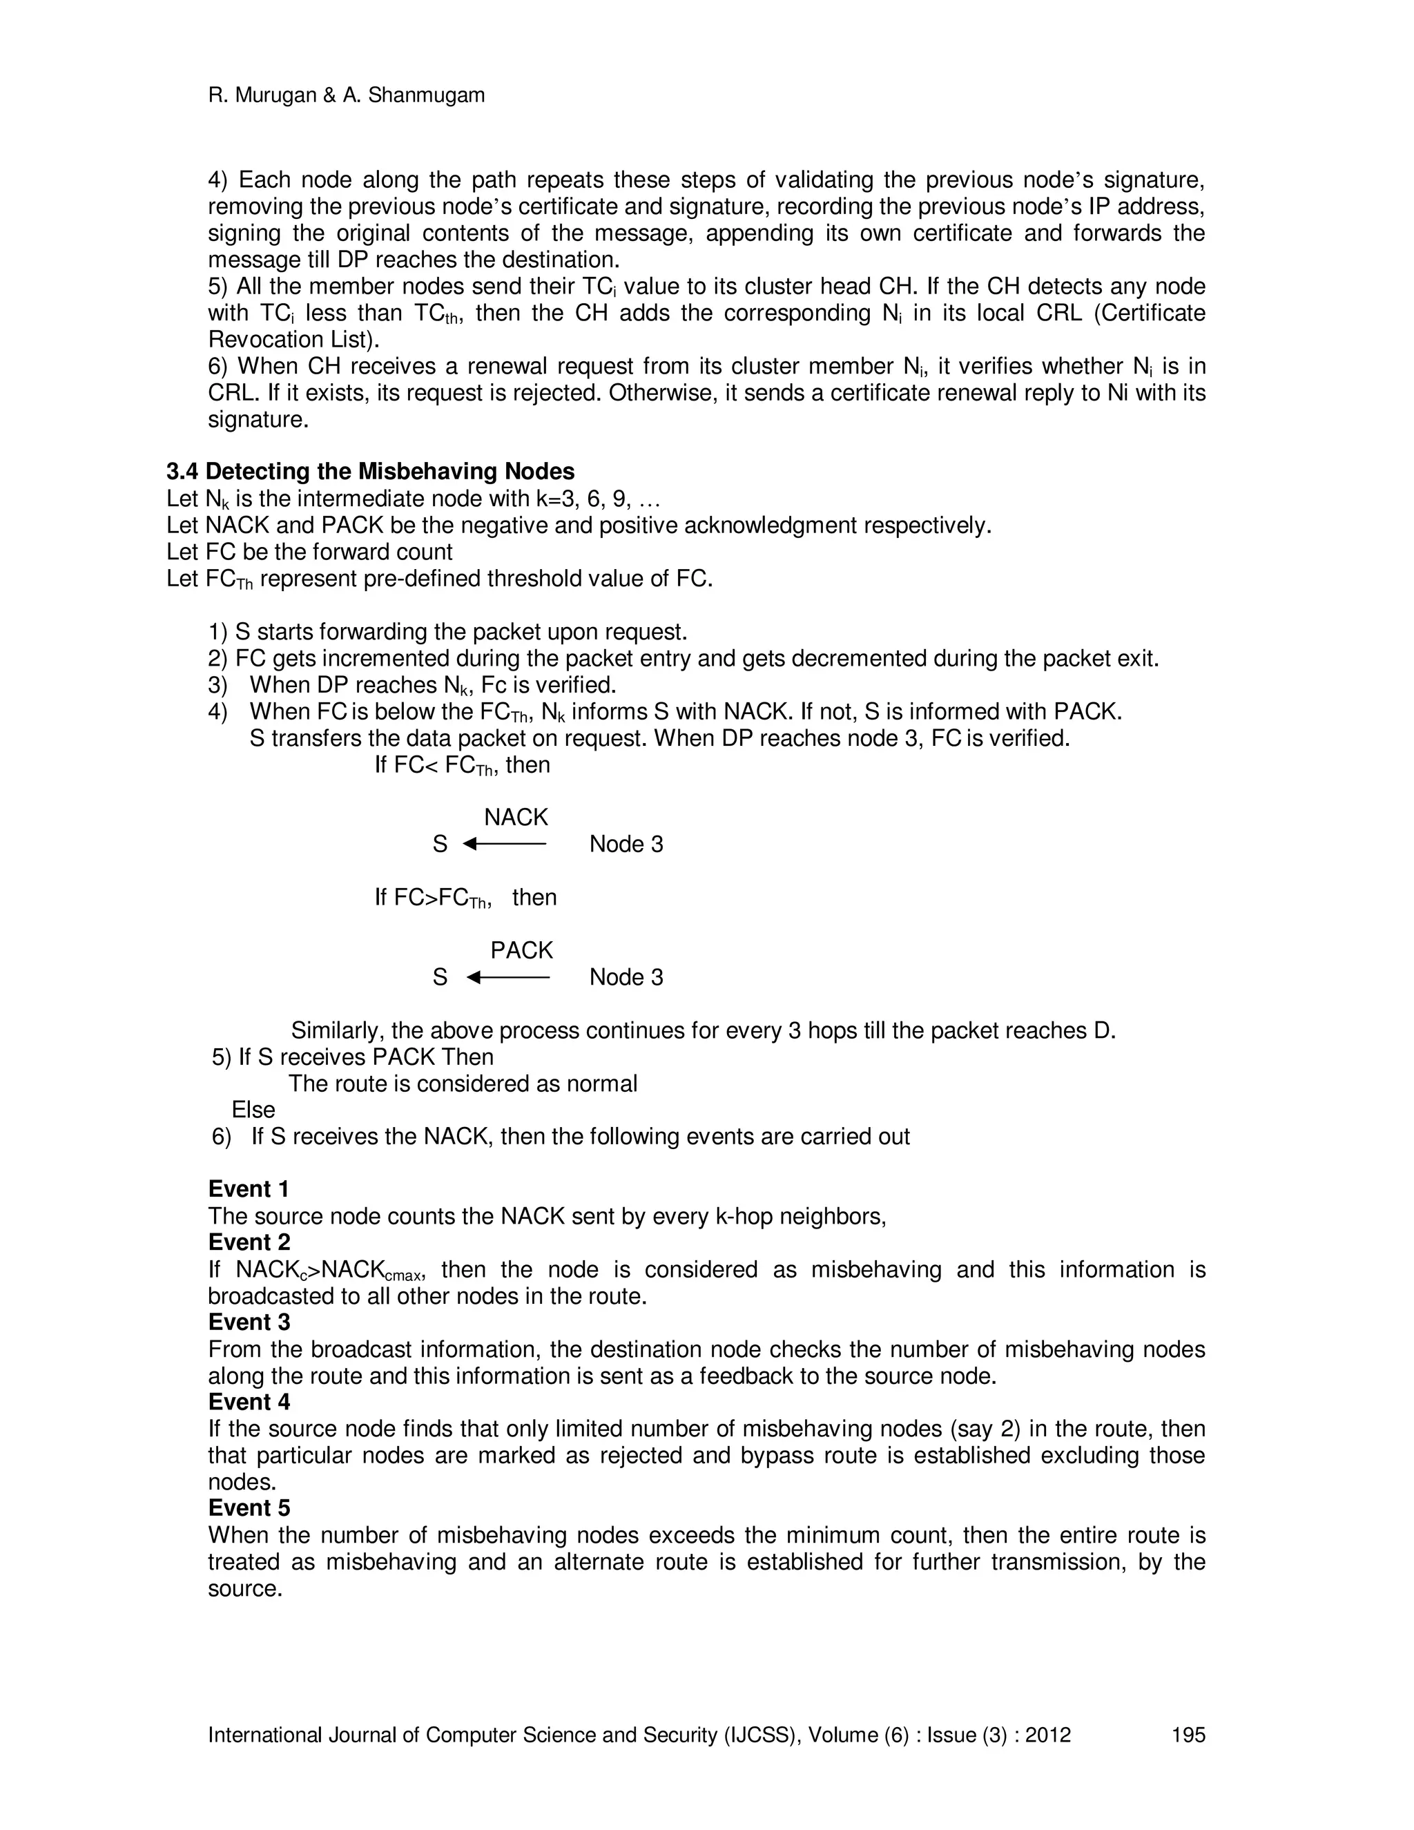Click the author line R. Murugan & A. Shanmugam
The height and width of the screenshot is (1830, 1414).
tap(346, 95)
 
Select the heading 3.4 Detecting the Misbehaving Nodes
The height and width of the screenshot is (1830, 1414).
tap(370, 472)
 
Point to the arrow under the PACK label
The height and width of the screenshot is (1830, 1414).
tap(507, 977)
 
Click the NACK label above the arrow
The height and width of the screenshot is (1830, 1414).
tap(516, 817)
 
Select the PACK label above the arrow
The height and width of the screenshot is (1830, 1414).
tap(521, 950)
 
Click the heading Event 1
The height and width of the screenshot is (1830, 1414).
tap(249, 1189)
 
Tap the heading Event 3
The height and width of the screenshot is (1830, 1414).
tap(249, 1322)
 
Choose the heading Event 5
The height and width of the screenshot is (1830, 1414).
tap(249, 1508)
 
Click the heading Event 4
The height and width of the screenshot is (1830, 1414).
tap(249, 1402)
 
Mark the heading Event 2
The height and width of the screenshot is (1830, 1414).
tap(249, 1242)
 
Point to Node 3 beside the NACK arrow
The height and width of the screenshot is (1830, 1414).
tap(626, 844)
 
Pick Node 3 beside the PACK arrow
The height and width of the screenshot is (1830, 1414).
tap(626, 977)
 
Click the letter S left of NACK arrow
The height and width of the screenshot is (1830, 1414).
tap(440, 844)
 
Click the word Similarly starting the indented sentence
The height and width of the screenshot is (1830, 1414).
tap(338, 1030)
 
